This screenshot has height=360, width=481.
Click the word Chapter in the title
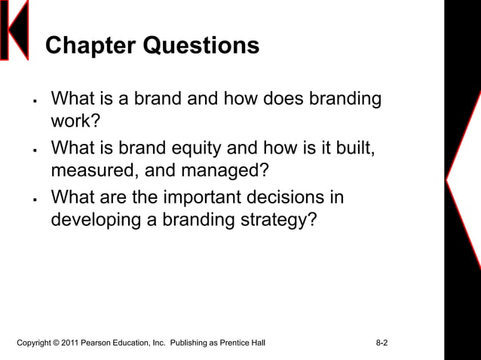[91, 47]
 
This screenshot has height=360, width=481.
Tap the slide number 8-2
[381, 343]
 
